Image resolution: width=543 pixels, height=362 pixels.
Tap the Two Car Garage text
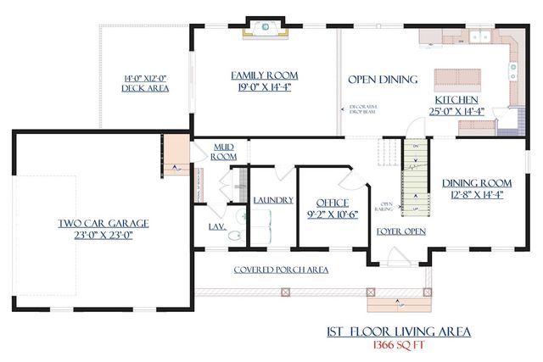104,224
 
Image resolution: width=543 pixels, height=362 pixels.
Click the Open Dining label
383,80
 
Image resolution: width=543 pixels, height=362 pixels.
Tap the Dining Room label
476,183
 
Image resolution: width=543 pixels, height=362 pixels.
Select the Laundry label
273,200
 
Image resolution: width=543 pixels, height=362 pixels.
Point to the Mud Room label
223,151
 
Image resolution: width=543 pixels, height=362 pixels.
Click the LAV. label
217,226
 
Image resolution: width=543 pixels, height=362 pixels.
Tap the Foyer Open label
401,231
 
